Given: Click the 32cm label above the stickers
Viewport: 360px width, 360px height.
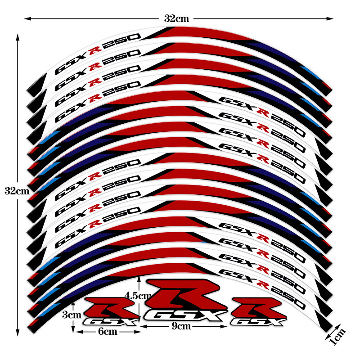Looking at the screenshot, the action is coord(176,18).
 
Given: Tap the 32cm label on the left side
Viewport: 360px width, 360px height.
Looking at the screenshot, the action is coord(17,190).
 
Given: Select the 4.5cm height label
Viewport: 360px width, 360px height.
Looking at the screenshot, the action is coord(138,296).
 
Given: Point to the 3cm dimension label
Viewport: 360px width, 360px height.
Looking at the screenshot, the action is coord(72,315).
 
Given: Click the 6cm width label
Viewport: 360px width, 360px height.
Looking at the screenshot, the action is coord(108,331).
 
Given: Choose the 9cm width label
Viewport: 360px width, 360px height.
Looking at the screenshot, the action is coord(181,326).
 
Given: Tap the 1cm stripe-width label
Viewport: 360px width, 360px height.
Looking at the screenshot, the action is coord(337,337).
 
